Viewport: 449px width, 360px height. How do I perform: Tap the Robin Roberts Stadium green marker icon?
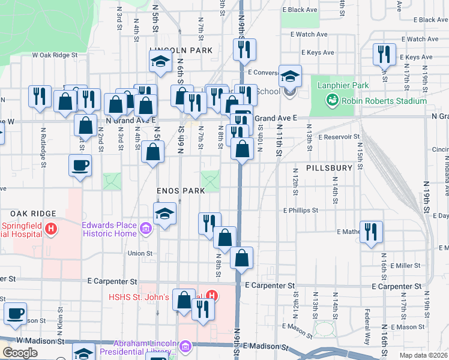coord(331,100)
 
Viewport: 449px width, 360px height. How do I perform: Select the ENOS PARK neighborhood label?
coord(180,190)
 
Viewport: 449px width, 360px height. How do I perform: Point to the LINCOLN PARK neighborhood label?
coord(181,51)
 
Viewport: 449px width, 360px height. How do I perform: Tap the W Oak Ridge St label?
coord(55,55)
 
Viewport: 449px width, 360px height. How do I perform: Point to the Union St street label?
coord(140,253)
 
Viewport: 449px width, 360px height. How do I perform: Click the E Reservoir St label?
coord(339,137)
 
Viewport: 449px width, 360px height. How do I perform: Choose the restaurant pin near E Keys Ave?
coord(383,54)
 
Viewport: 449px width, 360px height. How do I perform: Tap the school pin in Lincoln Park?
coord(160,61)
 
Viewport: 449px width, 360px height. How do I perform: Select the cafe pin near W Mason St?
coord(16,313)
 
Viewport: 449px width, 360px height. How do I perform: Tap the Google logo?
coord(20,353)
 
